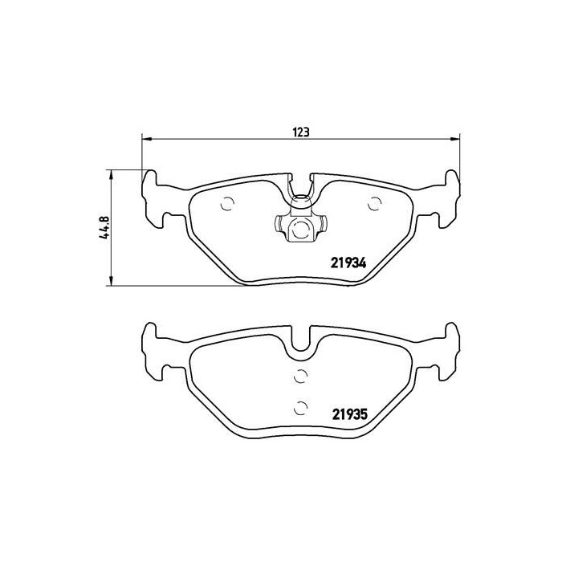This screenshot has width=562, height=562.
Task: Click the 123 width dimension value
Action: click(302, 131)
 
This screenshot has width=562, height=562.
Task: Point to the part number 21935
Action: click(349, 415)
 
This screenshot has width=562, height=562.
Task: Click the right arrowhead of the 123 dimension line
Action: click(457, 140)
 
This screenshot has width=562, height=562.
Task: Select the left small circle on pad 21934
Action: click(227, 203)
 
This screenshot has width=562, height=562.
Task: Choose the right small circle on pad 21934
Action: click(373, 204)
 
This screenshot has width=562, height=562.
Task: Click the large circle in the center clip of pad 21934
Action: click(300, 230)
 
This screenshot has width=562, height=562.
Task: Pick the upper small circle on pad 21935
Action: click(300, 376)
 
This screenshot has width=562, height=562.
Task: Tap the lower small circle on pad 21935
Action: click(300, 406)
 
